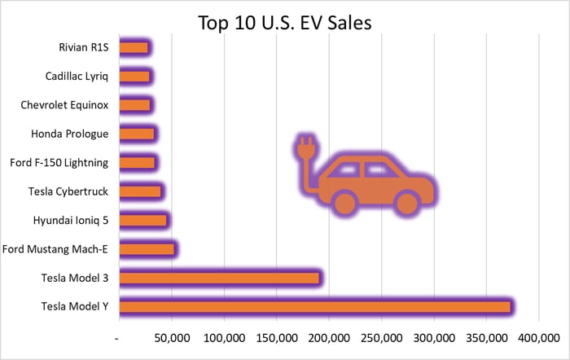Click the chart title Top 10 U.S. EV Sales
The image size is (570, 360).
click(x=284, y=22)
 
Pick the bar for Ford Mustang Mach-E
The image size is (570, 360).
click(x=147, y=249)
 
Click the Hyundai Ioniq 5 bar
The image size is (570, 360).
click(x=142, y=220)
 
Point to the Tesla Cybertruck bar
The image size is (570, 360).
click(x=140, y=191)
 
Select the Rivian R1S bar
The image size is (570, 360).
click(x=134, y=47)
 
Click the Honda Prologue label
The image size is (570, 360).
click(x=70, y=134)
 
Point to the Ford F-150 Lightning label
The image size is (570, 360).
click(x=59, y=163)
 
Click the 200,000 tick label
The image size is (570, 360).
click(x=329, y=337)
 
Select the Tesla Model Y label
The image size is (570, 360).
click(x=74, y=306)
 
